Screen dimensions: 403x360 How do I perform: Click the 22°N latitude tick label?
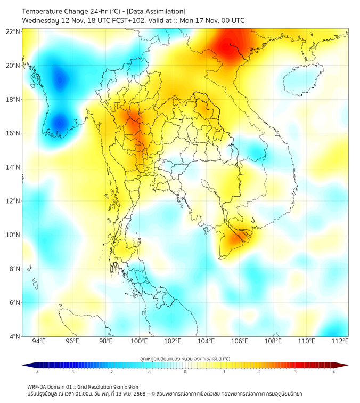(13, 32)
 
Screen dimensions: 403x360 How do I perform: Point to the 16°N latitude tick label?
(13, 133)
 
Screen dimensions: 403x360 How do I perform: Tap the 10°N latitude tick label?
(13, 235)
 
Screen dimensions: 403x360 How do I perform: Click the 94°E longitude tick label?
(39, 342)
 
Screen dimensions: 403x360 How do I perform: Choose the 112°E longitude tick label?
(340, 342)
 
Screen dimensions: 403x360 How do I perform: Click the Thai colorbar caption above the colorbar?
(185, 359)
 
